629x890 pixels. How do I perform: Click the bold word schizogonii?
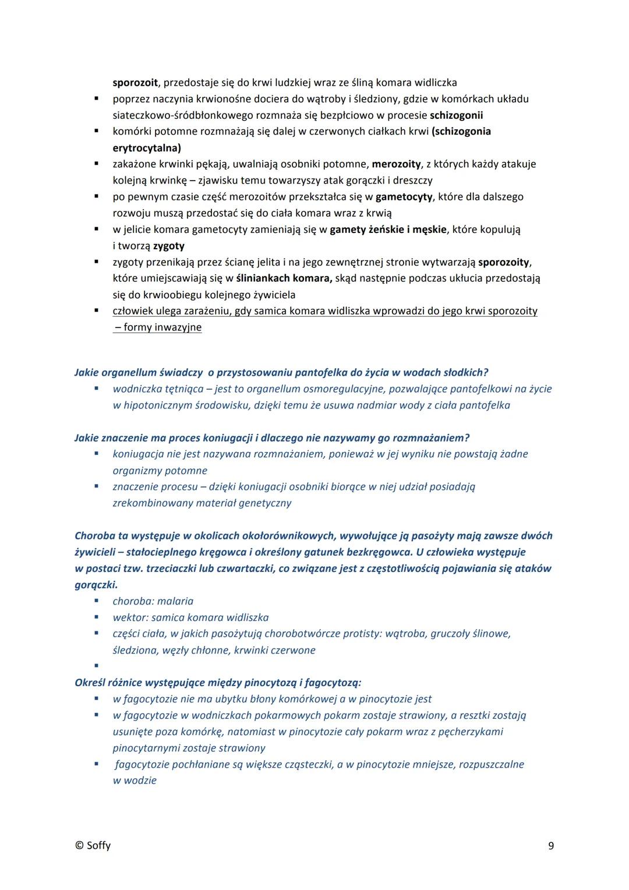456,115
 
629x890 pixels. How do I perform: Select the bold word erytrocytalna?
147,148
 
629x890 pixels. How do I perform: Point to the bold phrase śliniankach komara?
284,278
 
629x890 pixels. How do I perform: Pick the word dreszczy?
412,181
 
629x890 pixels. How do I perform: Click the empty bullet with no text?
96,665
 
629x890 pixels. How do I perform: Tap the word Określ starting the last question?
90,683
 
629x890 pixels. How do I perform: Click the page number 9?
551,846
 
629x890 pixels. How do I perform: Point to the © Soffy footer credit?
93,846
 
